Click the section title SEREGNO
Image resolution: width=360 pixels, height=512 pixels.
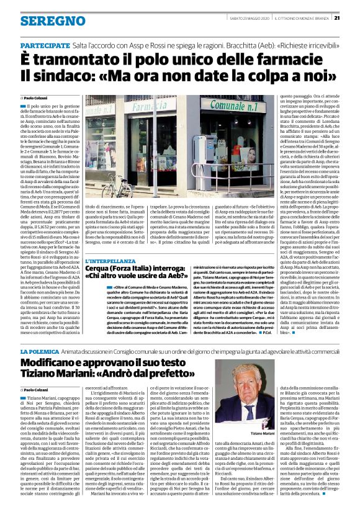pos(44,21)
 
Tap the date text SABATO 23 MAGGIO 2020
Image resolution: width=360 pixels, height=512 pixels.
pos(246,17)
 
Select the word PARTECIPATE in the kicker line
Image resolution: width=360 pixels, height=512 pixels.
pos(45,47)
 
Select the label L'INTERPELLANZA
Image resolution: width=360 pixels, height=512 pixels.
pos(110,261)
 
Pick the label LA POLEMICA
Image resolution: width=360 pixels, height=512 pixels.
pos(42,351)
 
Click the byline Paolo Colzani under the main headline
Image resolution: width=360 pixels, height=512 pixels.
pos(37,98)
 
